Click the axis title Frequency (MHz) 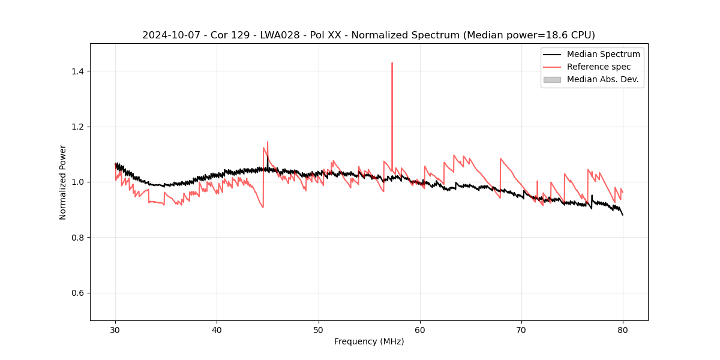[369, 341]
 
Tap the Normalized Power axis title [63, 182]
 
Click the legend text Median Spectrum [603, 54]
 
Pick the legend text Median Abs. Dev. [602, 79]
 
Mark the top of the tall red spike [392, 63]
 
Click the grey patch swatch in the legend [552, 79]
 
